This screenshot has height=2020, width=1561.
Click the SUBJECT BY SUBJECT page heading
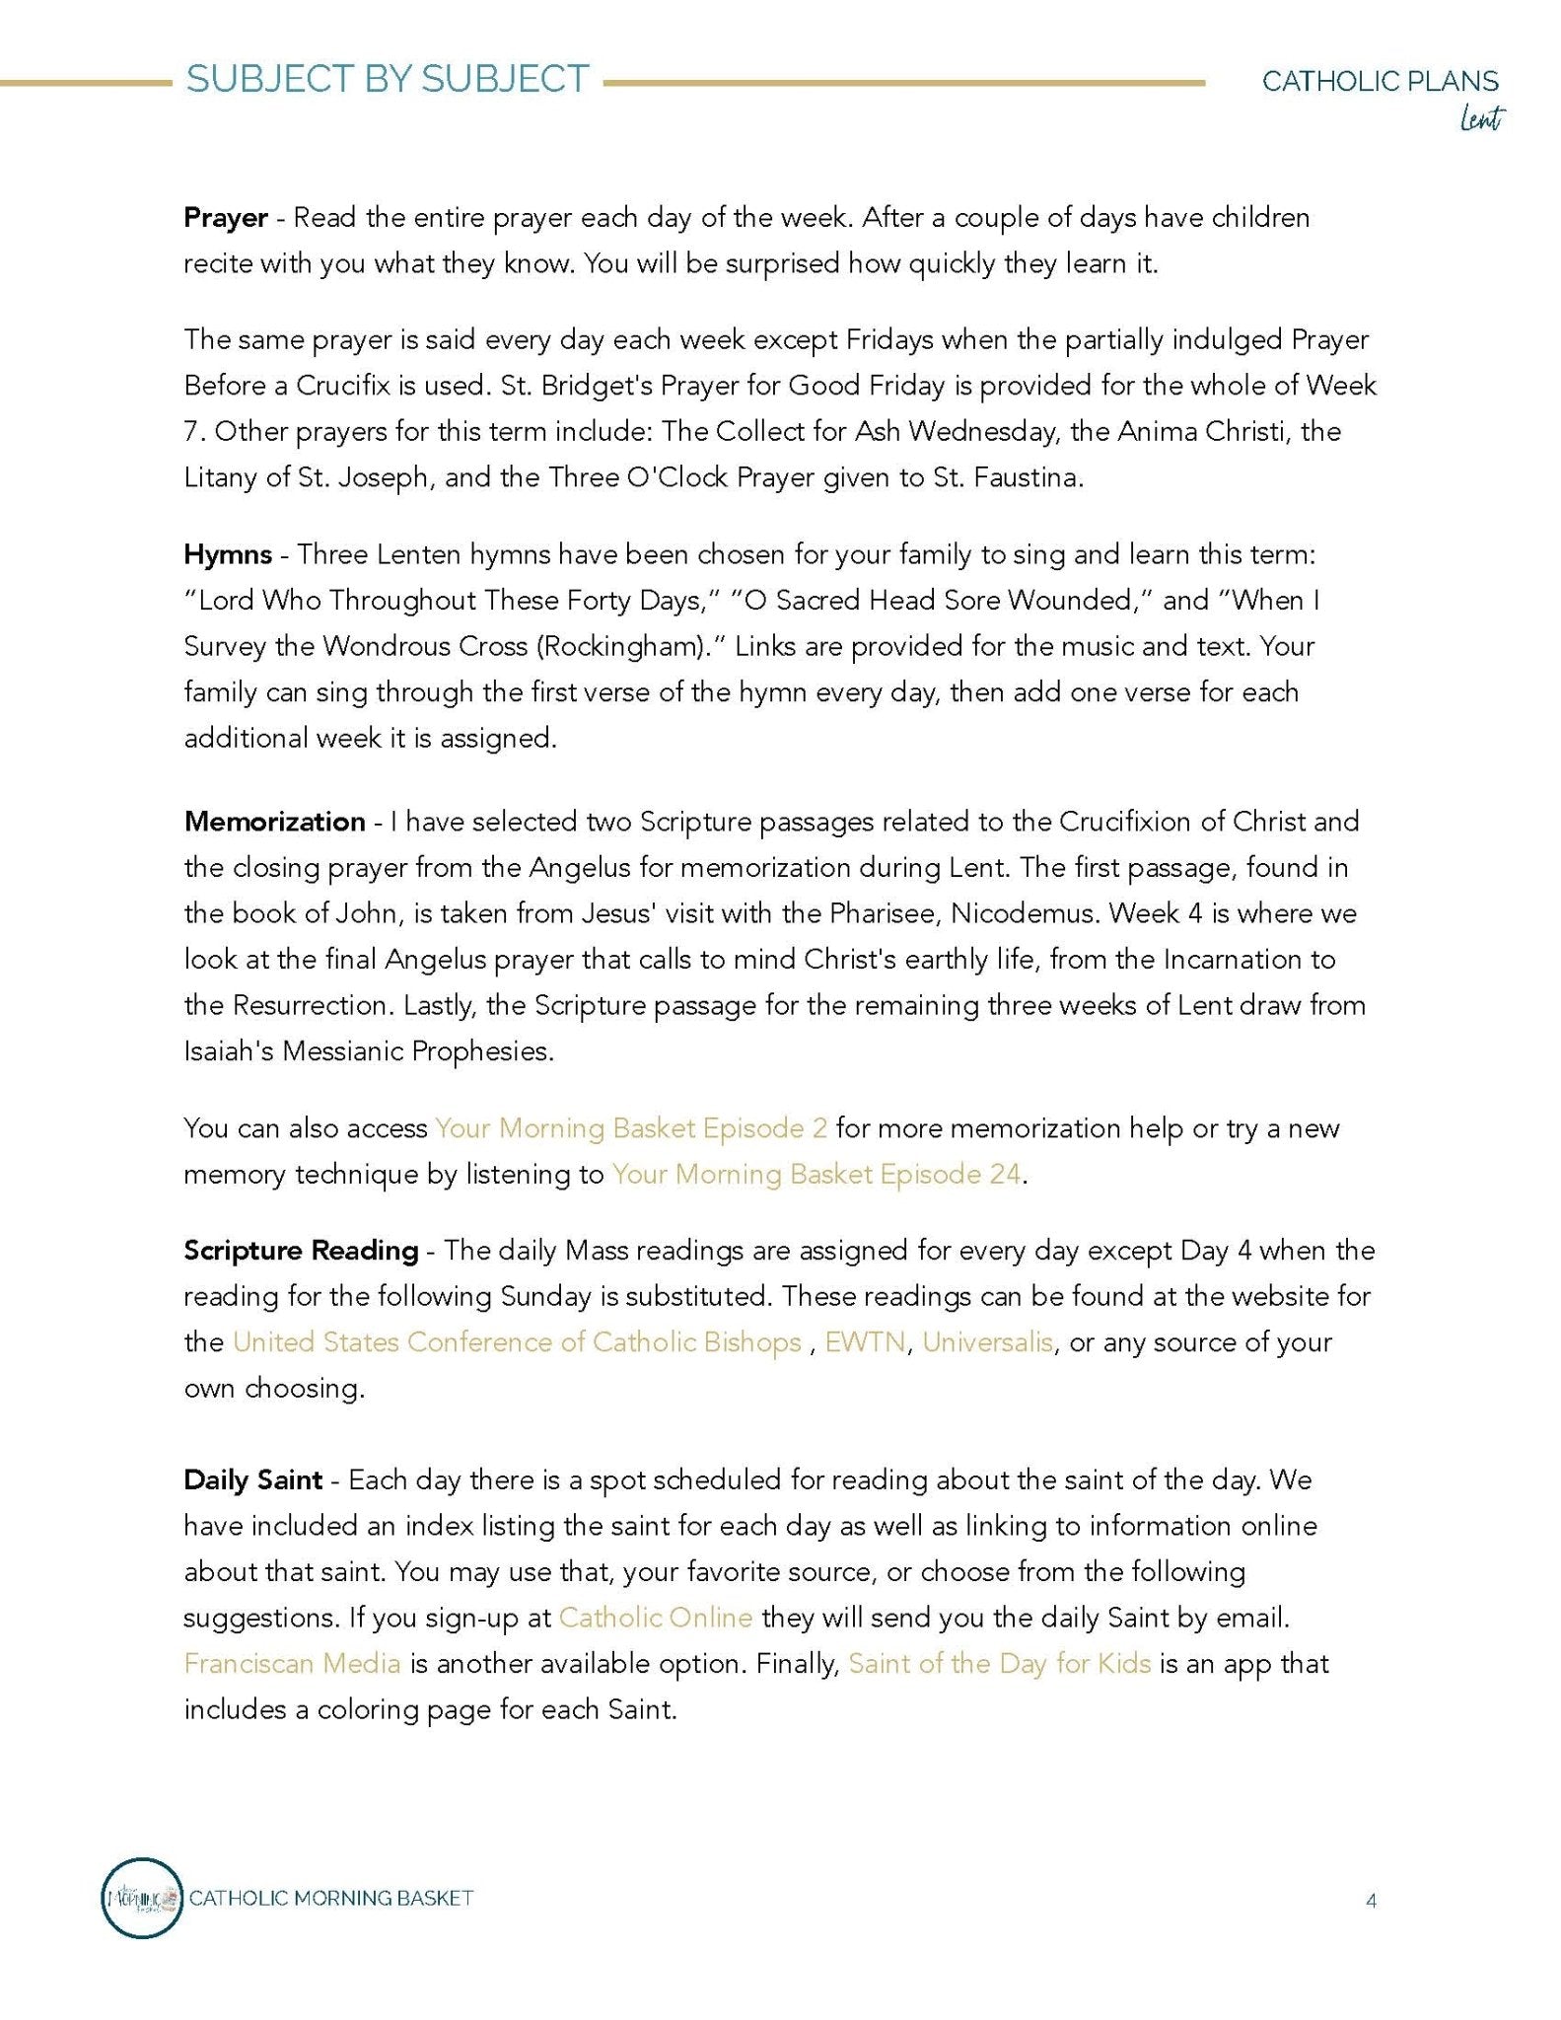coord(388,80)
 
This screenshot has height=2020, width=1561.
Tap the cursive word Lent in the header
coord(1481,119)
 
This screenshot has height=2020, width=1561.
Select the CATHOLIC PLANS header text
coord(1380,81)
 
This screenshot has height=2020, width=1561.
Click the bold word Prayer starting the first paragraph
coord(226,218)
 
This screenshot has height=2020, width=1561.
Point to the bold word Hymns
coord(228,554)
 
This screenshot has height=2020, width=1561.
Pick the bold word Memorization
coord(274,822)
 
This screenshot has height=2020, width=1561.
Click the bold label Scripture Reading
coord(301,1251)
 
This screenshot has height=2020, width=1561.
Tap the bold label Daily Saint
coord(252,1479)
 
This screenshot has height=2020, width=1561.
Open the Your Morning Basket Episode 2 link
coord(631,1128)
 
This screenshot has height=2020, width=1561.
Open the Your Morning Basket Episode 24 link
coord(816,1175)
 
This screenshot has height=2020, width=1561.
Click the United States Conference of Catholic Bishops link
coord(517,1342)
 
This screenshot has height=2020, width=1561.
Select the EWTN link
coord(865,1342)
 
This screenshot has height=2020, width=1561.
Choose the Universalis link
coord(987,1342)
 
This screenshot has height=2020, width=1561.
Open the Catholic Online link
coord(656,1618)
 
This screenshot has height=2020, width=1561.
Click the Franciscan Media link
coord(292,1664)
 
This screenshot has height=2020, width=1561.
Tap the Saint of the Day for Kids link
coord(1000,1664)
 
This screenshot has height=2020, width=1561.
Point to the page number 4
coord(1371,1901)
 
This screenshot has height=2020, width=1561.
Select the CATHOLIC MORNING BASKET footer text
coord(331,1898)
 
